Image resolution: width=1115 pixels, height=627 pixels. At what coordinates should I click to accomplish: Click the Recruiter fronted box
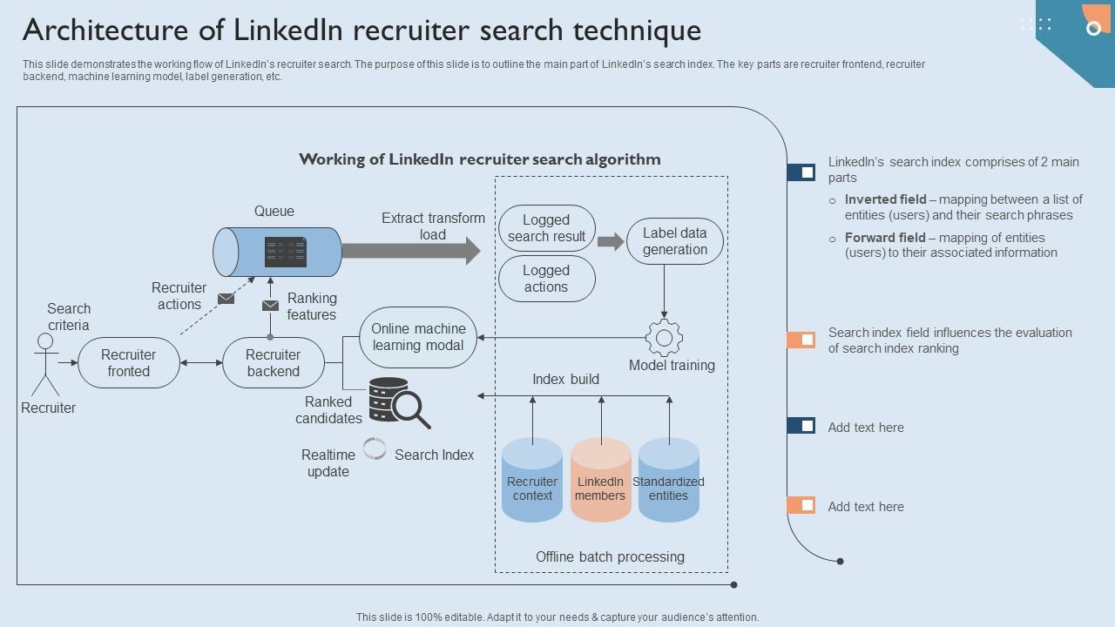point(129,363)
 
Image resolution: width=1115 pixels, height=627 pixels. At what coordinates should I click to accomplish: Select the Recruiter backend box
point(273,363)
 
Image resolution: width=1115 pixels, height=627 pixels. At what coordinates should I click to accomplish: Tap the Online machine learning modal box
point(418,337)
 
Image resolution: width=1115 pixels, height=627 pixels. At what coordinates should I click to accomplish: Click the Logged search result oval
point(546,228)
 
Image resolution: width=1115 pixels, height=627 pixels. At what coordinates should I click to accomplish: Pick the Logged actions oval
point(546,279)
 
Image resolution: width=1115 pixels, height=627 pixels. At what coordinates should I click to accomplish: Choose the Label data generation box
point(675,241)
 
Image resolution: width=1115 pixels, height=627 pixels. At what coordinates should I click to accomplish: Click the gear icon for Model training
point(664,338)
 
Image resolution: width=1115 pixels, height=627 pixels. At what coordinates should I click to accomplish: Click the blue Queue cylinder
point(277,253)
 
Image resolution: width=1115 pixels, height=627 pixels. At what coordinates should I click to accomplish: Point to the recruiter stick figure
point(44,364)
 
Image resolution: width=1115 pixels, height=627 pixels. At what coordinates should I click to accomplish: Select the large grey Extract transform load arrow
point(410,251)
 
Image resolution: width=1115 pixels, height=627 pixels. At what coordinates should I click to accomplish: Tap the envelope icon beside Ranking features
point(271,306)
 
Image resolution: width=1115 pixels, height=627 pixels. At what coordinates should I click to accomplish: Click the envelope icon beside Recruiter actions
point(226,299)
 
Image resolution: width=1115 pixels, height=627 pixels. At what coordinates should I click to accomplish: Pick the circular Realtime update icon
point(375,448)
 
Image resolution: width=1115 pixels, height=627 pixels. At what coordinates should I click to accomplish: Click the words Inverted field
point(885,199)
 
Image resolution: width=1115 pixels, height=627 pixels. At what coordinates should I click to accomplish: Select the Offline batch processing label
point(610,556)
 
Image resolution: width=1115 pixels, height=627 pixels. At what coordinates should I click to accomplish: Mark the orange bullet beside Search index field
point(801,340)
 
